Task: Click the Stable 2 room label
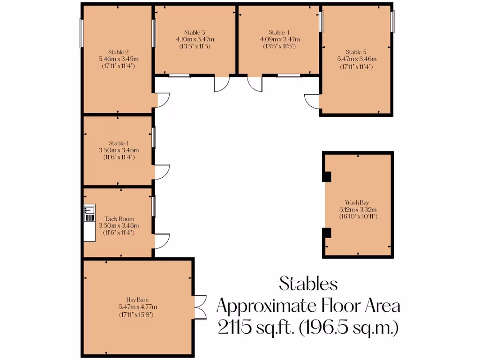coord(118,52)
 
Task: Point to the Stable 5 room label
coord(356,52)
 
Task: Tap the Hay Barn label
coord(137,299)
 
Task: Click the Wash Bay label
coord(358,203)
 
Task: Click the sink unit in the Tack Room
coord(89,214)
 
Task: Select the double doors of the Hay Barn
coord(200,307)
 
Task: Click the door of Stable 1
coord(161,171)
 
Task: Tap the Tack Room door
coord(161,241)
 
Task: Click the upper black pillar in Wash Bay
coord(327,177)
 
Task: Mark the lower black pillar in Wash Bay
coord(327,233)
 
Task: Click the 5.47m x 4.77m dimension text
coord(137,307)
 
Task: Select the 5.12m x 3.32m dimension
coord(358,210)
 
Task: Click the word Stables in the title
coord(308,283)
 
